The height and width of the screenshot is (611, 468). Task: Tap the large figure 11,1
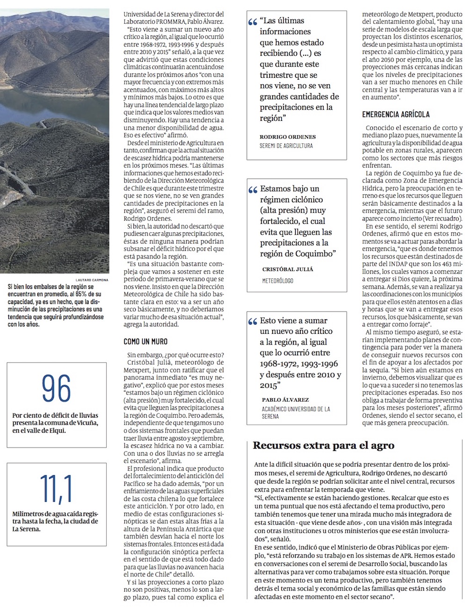[56, 489]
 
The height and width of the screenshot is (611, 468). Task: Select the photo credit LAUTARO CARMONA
[92, 280]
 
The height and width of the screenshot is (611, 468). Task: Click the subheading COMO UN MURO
[146, 342]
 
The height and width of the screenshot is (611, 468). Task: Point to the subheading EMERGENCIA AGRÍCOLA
[396, 114]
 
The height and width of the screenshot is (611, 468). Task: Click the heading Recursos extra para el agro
[323, 445]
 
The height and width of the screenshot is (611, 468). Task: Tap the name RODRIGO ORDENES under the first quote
[288, 137]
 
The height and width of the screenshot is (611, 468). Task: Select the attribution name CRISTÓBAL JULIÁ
[287, 269]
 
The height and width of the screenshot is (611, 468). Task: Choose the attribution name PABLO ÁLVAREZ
[285, 400]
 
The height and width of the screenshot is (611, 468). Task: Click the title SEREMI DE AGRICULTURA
[286, 146]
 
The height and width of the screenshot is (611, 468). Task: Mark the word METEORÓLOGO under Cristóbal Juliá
[278, 280]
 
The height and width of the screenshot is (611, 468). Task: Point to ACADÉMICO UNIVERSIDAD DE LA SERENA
[296, 412]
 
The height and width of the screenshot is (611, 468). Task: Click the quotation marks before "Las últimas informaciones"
[253, 22]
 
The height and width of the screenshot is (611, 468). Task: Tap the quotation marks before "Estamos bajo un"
[253, 190]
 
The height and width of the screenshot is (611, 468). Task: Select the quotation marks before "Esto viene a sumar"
[253, 322]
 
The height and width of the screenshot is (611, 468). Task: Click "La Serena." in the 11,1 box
[27, 529]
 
